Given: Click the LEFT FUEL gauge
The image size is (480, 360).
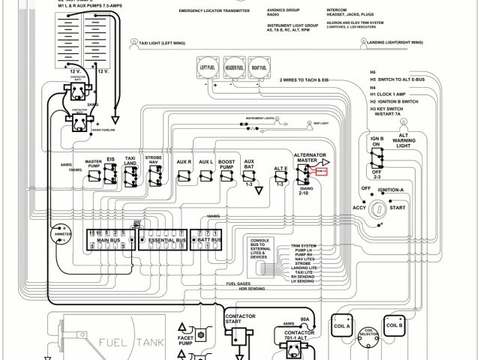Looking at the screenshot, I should click(x=208, y=67).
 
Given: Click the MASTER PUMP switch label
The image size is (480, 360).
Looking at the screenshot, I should click(x=93, y=163).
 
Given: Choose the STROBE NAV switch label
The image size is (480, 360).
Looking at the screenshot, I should click(x=154, y=160).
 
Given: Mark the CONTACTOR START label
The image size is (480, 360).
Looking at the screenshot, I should click(x=241, y=320).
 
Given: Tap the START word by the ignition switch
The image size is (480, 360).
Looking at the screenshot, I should click(x=398, y=208).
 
